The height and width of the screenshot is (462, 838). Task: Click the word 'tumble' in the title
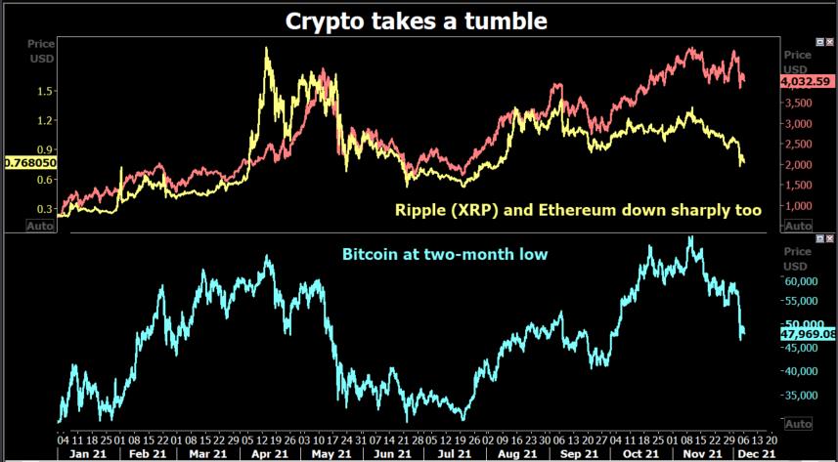(507, 21)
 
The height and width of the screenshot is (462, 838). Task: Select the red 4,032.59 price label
(808, 83)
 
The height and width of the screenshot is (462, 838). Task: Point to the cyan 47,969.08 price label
(808, 334)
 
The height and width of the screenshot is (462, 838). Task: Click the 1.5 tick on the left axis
(43, 91)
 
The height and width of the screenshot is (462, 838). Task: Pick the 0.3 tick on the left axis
(43, 209)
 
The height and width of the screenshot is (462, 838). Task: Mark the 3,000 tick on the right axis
(801, 124)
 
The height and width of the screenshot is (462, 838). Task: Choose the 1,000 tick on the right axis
(801, 205)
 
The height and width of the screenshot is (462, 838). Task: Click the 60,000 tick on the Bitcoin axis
(803, 278)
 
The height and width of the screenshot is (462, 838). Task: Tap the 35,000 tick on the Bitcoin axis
(803, 396)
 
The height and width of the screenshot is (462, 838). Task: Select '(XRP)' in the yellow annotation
(471, 208)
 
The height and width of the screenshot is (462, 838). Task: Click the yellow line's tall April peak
(267, 49)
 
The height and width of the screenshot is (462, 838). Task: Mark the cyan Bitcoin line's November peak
(692, 237)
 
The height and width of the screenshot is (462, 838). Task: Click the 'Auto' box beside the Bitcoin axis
(798, 424)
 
